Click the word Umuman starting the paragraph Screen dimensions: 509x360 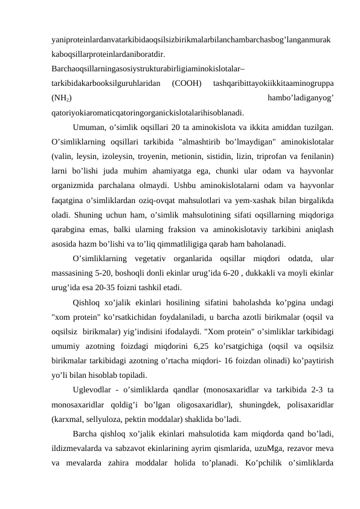89,127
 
